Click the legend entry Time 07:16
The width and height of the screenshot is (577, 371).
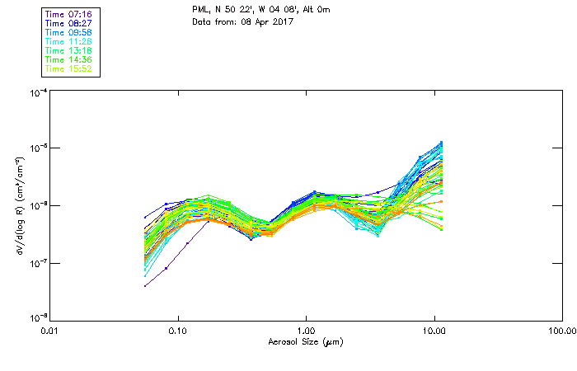[69, 14]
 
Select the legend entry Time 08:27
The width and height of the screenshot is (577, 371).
[69, 23]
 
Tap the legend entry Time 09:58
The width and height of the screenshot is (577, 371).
[69, 32]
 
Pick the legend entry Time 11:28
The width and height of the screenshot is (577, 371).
[69, 41]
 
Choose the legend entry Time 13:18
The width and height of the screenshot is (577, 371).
[69, 50]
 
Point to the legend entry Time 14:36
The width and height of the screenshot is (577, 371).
[69, 59]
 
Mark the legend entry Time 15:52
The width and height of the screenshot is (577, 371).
[69, 68]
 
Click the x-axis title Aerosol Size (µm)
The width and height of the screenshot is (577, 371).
[306, 342]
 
